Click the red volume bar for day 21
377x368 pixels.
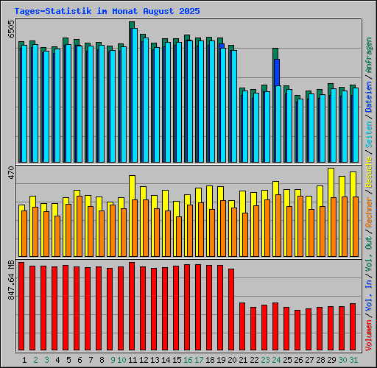pyautogui.click(x=242, y=323)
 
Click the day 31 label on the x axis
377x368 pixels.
pyautogui.click(x=353, y=360)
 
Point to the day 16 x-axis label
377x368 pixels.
pyautogui.click(x=188, y=360)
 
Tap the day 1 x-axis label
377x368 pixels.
pyautogui.click(x=24, y=360)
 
